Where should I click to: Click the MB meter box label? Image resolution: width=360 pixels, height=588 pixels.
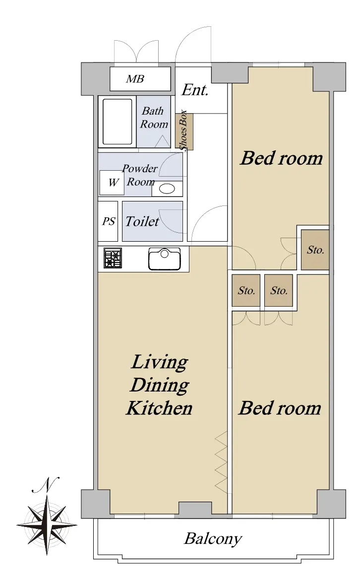click(x=135, y=79)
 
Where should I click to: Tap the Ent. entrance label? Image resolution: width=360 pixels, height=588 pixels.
click(x=195, y=90)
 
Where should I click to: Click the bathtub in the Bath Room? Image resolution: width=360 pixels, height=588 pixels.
click(x=117, y=122)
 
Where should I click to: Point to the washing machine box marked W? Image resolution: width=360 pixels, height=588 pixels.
click(x=112, y=183)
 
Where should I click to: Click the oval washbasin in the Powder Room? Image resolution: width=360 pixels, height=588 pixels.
click(x=167, y=188)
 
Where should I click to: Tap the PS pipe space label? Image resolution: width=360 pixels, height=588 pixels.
click(x=109, y=221)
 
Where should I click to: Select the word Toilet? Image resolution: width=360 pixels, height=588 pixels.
click(x=142, y=221)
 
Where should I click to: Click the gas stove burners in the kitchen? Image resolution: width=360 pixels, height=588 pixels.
click(x=113, y=258)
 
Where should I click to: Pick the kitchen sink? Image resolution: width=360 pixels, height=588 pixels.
click(x=165, y=259)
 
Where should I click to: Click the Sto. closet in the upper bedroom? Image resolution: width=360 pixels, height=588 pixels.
click(x=315, y=250)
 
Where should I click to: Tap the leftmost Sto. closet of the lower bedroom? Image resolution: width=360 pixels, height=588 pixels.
click(x=246, y=290)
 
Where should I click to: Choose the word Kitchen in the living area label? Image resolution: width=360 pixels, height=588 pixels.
click(x=159, y=408)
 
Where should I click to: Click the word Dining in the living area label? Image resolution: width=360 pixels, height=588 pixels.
click(x=160, y=385)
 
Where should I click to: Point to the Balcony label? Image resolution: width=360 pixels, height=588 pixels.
click(x=213, y=539)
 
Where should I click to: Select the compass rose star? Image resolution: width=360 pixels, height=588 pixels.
click(x=47, y=525)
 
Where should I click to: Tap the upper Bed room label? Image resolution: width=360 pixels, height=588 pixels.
click(x=281, y=158)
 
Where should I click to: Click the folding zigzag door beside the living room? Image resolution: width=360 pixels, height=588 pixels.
click(x=221, y=462)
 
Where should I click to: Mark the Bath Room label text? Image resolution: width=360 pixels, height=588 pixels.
click(x=154, y=118)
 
